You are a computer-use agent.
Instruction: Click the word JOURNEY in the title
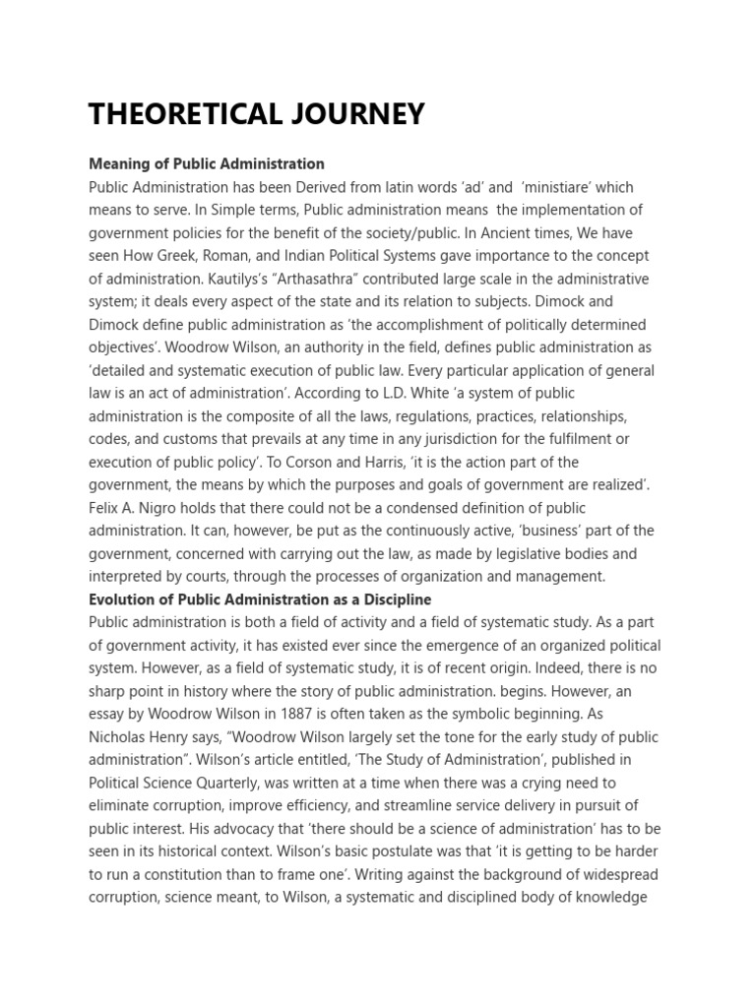[x=345, y=114]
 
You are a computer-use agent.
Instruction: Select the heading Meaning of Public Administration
[x=207, y=163]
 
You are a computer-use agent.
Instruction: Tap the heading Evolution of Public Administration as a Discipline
[x=260, y=598]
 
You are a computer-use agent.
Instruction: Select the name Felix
[x=105, y=508]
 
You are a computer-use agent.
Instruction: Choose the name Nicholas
[x=119, y=736]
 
